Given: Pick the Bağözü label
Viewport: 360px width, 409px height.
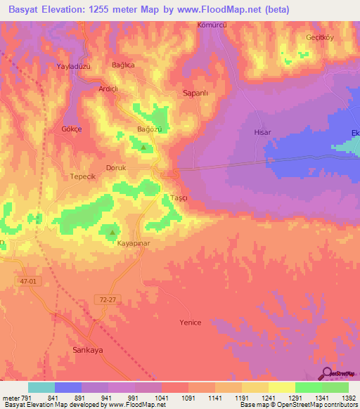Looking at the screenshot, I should click(149, 129).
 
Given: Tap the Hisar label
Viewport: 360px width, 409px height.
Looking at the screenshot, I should click(262, 131).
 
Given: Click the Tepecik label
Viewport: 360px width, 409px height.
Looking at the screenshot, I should click(82, 176).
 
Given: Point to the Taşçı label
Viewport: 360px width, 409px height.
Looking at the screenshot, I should click(179, 198).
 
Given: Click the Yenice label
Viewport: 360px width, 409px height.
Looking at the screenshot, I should click(190, 323).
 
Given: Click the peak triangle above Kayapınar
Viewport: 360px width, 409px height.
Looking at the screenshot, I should click(112, 231).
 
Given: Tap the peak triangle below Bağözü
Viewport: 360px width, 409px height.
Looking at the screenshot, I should click(143, 147).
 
